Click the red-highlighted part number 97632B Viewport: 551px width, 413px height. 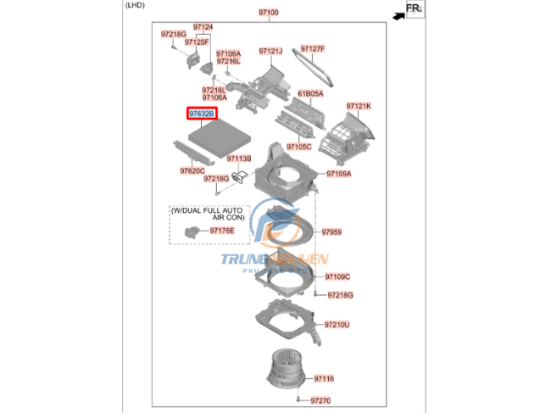coord(202,113)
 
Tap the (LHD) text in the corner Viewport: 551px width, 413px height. coord(136,7)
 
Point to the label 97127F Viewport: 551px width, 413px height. coord(312,49)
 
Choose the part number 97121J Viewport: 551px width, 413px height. coord(270,51)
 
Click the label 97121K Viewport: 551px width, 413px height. coord(358,106)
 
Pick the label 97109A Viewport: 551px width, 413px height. coord(338,174)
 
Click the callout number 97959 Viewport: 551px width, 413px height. coord(331,232)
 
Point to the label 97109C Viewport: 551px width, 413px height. coord(337,276)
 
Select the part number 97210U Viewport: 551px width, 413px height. coord(337,325)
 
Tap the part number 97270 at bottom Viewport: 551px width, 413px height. coord(320,400)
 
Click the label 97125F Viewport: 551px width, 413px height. coord(197,41)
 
